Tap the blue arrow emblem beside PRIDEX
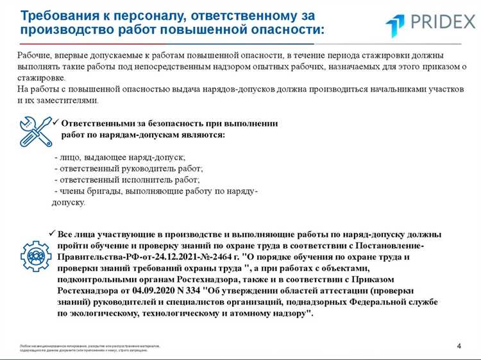(395, 26)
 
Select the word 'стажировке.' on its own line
(37, 78)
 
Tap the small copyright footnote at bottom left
(90, 348)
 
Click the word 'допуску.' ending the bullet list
(68, 202)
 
